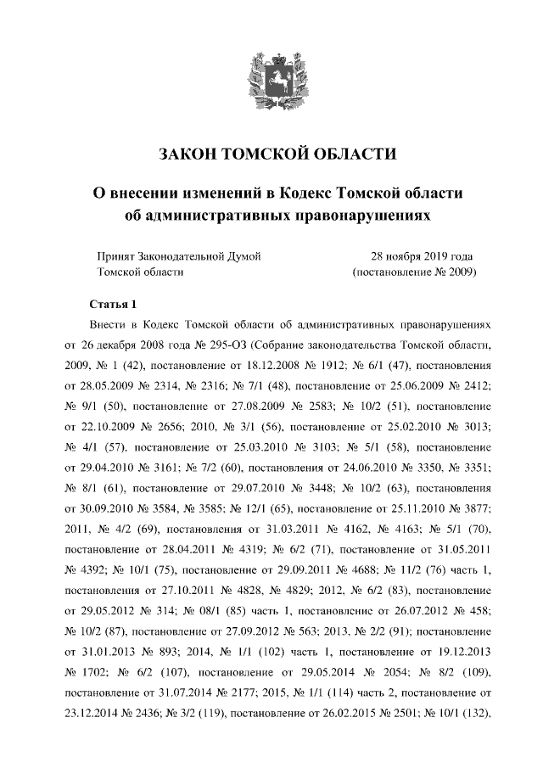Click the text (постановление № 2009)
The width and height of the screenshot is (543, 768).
tap(414, 272)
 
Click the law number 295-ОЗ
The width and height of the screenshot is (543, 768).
tap(227, 346)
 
